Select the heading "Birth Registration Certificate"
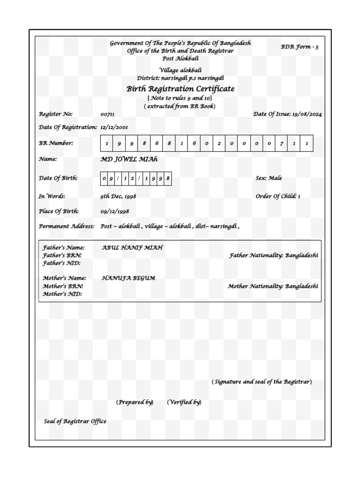(x=180, y=89)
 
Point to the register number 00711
(x=107, y=114)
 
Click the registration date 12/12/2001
(x=114, y=127)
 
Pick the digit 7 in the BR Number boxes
(x=281, y=143)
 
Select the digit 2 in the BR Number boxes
(x=219, y=143)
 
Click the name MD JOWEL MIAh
(x=129, y=159)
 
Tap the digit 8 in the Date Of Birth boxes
(x=167, y=179)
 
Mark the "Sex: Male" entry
(x=269, y=178)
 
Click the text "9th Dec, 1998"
(x=118, y=196)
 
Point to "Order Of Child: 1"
(x=277, y=196)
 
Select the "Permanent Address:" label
(x=66, y=226)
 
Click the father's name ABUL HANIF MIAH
(x=132, y=247)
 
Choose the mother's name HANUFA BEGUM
(x=128, y=278)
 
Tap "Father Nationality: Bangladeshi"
(x=273, y=255)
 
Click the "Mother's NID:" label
(x=62, y=294)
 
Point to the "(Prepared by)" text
(x=135, y=402)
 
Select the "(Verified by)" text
(x=184, y=402)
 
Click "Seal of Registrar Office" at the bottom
(x=75, y=421)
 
